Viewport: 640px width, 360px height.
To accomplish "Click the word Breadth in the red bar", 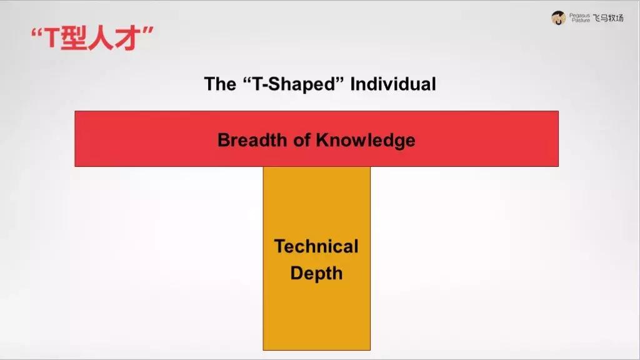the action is pyautogui.click(x=252, y=140).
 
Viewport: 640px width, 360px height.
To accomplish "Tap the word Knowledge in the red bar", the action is pyautogui.click(x=366, y=141).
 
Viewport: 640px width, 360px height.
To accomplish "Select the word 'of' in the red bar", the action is pyautogui.click(x=302, y=140).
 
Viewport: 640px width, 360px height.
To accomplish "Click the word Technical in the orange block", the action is pyautogui.click(x=316, y=246).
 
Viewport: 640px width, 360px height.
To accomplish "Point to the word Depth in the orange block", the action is pyautogui.click(x=316, y=274).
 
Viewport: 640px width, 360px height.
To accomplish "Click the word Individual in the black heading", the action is pyautogui.click(x=393, y=84).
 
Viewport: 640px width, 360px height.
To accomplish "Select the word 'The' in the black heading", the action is pyautogui.click(x=220, y=84).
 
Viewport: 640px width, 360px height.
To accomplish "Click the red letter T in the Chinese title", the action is pyautogui.click(x=52, y=38).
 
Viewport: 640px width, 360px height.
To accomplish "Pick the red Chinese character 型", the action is pyautogui.click(x=74, y=38).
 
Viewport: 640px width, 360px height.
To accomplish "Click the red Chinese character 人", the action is pyautogui.click(x=99, y=38).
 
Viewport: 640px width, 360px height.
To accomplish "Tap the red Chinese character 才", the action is pyautogui.click(x=125, y=38).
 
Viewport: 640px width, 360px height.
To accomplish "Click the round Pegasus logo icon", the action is pyautogui.click(x=558, y=18).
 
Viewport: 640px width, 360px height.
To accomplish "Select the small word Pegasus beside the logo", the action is pyautogui.click(x=579, y=16).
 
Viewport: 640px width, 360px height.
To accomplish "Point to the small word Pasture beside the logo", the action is pyautogui.click(x=581, y=20).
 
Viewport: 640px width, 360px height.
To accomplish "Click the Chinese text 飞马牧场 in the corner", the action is pyautogui.click(x=608, y=18).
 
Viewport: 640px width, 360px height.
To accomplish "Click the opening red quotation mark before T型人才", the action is pyautogui.click(x=37, y=32).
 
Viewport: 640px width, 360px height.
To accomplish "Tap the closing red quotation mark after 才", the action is pyautogui.click(x=147, y=31).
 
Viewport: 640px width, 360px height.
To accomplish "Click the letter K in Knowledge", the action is pyautogui.click(x=322, y=140).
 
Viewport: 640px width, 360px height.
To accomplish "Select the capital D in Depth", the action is pyautogui.click(x=297, y=272).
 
